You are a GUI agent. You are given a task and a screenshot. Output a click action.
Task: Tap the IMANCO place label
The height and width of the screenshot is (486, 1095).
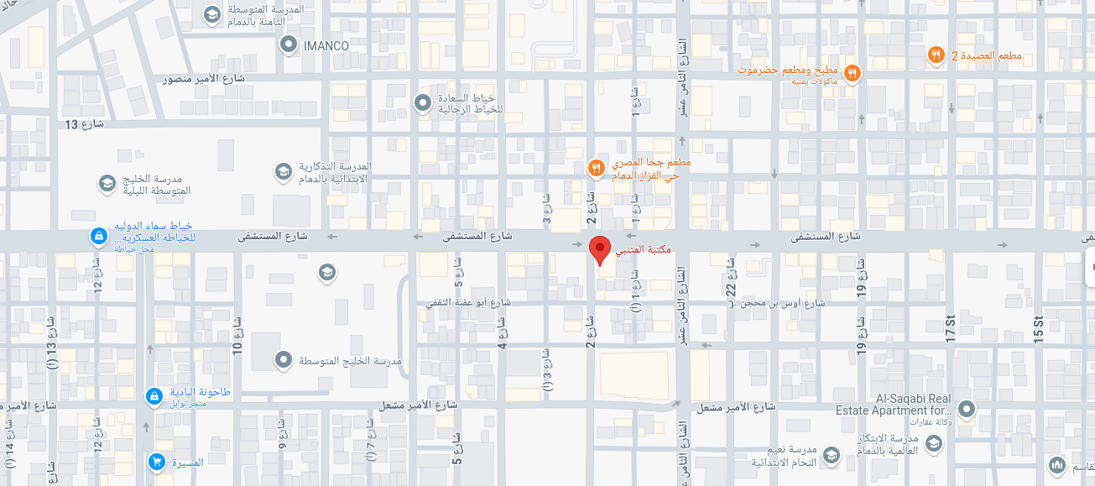click(x=326, y=45)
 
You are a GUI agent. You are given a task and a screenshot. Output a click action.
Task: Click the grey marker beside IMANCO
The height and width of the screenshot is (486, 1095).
click(x=289, y=44)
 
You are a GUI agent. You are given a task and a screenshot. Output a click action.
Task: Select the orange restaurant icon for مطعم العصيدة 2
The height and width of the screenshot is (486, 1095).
click(x=936, y=55)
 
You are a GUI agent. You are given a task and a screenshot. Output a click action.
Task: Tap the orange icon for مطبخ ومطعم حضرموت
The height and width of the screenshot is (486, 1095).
click(x=852, y=73)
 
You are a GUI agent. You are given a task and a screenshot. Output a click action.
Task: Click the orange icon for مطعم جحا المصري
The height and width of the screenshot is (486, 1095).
click(x=596, y=168)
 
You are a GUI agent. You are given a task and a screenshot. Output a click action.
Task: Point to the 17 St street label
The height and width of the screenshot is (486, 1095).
click(x=950, y=327)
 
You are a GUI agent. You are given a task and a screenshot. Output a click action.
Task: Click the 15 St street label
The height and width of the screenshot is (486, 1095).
click(x=1038, y=327)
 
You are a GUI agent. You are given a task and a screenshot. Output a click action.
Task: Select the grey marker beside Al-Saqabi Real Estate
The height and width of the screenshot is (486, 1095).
click(x=967, y=410)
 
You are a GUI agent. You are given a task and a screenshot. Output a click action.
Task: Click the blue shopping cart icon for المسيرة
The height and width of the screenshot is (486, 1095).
click(x=156, y=462)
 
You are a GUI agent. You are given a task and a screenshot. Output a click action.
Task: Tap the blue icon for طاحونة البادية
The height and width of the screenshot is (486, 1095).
click(x=154, y=395)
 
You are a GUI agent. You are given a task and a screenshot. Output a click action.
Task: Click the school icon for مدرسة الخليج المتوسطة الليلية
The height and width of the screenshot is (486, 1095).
click(x=107, y=183)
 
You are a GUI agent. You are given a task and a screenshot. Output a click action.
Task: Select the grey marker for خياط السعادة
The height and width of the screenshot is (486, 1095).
click(x=423, y=102)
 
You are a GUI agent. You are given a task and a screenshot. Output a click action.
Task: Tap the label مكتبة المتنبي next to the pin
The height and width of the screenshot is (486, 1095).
click(x=644, y=250)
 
